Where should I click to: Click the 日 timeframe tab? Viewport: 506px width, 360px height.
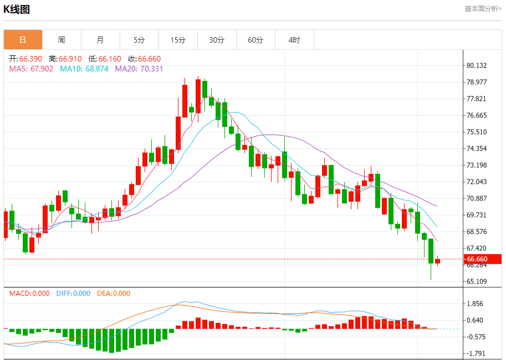[23, 40]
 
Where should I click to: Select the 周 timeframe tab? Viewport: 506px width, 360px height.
[62, 40]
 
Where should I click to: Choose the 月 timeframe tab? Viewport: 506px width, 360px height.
[100, 40]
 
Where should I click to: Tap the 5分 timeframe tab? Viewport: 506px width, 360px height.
[139, 40]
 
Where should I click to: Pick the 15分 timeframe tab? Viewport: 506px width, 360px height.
[178, 40]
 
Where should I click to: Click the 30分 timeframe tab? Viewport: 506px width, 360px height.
[217, 40]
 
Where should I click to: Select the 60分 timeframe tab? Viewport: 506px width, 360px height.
[255, 40]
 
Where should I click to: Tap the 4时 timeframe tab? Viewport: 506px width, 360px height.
[294, 40]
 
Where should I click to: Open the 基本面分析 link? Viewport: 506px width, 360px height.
[483, 9]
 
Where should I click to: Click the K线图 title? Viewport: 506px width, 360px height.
[17, 9]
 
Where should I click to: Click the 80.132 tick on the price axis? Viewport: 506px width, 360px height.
[477, 65]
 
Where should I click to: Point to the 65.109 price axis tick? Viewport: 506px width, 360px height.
[477, 281]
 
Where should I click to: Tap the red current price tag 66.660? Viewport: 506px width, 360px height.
[477, 259]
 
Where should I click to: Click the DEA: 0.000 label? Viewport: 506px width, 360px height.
[114, 294]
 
